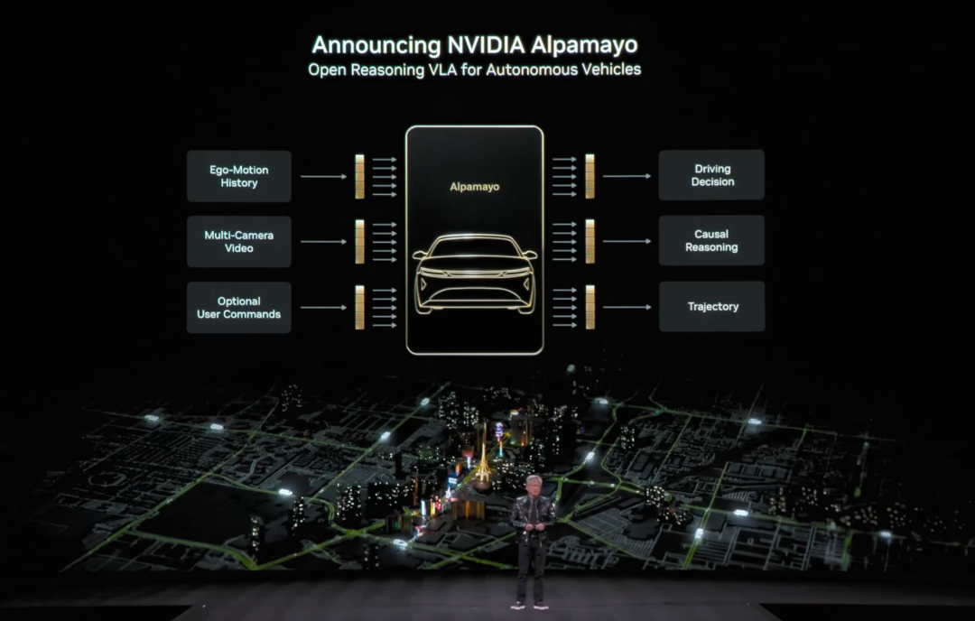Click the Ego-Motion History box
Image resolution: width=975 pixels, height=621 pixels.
(x=239, y=176)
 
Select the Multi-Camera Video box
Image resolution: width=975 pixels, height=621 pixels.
(x=239, y=241)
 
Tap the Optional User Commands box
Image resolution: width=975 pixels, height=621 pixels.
(x=239, y=308)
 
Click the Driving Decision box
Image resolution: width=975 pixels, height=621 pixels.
(x=711, y=175)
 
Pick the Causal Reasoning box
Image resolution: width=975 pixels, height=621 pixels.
(x=711, y=240)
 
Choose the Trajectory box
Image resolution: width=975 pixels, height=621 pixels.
(x=711, y=307)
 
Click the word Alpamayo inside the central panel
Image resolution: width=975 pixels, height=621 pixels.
(x=475, y=187)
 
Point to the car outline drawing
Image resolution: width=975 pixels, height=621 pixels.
(x=475, y=273)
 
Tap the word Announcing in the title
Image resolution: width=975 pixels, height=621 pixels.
(x=376, y=45)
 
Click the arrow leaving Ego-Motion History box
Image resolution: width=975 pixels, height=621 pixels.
(x=322, y=176)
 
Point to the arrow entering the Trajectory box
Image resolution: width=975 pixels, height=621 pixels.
(x=627, y=307)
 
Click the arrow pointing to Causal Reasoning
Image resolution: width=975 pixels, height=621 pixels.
(x=627, y=241)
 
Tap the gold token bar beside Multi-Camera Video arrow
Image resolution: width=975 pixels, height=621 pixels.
(x=359, y=241)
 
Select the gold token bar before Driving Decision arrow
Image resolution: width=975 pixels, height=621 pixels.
(x=590, y=176)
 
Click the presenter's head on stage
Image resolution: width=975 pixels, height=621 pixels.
(x=533, y=485)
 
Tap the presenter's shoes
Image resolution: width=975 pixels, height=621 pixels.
(x=532, y=605)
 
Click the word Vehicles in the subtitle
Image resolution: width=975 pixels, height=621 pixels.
(x=607, y=70)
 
